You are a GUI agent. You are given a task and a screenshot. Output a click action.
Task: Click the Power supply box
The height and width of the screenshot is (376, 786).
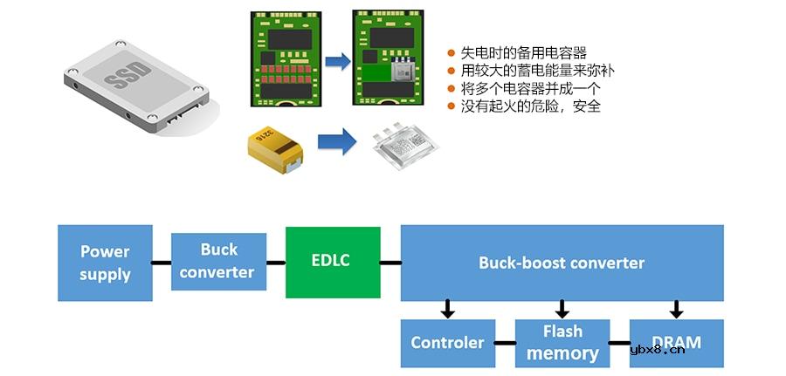tap(105, 263)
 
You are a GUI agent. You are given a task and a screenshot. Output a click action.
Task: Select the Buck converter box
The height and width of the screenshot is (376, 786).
tap(218, 262)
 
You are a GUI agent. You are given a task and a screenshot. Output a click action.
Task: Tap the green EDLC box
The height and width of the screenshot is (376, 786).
tap(333, 262)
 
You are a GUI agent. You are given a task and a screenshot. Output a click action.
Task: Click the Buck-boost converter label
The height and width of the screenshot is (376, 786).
tap(562, 263)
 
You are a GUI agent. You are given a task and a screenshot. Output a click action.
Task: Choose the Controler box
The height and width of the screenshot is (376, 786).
tap(447, 343)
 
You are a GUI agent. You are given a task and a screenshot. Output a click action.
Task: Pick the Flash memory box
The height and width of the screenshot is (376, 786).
tap(562, 343)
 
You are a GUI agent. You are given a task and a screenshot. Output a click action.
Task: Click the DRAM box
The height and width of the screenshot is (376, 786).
tap(676, 343)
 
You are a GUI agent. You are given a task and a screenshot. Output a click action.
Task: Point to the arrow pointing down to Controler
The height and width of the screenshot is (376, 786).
tap(447, 309)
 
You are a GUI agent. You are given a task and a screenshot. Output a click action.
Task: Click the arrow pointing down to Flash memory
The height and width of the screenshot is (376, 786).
tap(562, 309)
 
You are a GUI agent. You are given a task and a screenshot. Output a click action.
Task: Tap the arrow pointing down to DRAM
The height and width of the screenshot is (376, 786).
tap(676, 309)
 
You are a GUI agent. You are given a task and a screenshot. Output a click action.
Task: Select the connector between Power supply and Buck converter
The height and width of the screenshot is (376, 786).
tap(162, 262)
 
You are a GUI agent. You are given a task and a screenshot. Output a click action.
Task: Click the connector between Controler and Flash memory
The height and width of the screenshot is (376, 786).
tap(504, 343)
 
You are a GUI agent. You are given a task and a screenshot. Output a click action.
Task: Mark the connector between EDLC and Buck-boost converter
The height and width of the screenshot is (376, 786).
tap(390, 262)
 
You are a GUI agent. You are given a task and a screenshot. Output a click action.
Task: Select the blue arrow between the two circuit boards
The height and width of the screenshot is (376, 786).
tap(337, 61)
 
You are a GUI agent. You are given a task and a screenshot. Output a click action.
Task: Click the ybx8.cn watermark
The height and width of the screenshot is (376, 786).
tap(657, 351)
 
